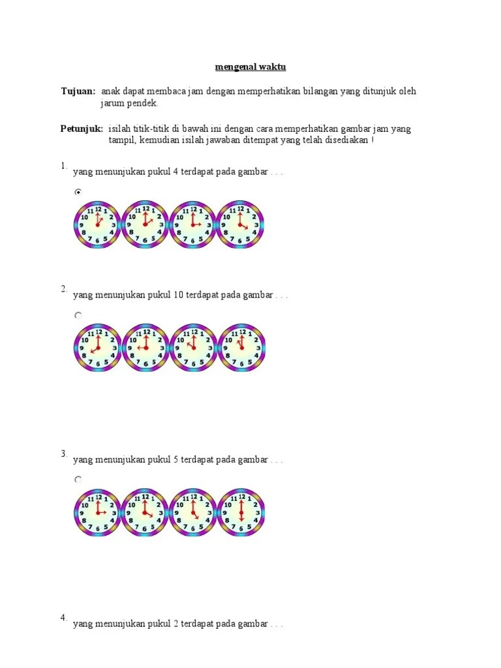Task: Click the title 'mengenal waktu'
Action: pyautogui.click(x=250, y=67)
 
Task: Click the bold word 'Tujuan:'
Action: pyautogui.click(x=78, y=91)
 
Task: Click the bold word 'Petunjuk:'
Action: pyautogui.click(x=82, y=129)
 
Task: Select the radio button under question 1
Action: pyautogui.click(x=78, y=192)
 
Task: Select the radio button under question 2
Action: pyautogui.click(x=78, y=315)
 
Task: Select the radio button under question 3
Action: pyautogui.click(x=78, y=479)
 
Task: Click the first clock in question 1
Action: pyautogui.click(x=97, y=224)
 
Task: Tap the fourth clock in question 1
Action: pyautogui.click(x=240, y=224)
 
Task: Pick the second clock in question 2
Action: pyautogui.click(x=145, y=348)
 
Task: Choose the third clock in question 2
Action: pyautogui.click(x=192, y=348)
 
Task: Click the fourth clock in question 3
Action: pyautogui.click(x=240, y=512)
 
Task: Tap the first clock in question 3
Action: pyautogui.click(x=97, y=512)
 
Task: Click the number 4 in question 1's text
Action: pyautogui.click(x=175, y=172)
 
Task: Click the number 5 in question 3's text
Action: pyautogui.click(x=175, y=460)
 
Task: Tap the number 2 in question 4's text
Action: pyautogui.click(x=175, y=624)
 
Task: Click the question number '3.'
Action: pyautogui.click(x=65, y=453)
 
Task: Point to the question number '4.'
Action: pyautogui.click(x=65, y=618)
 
